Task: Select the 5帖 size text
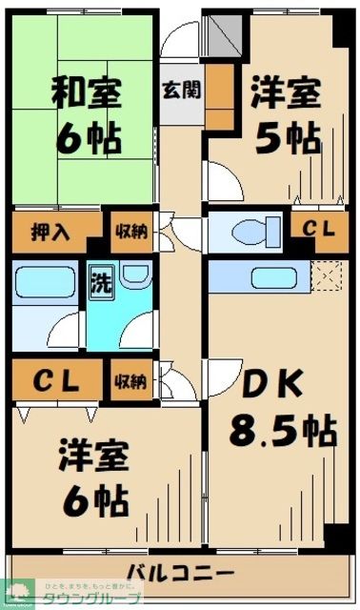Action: coord(287,139)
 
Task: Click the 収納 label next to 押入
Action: coord(131,232)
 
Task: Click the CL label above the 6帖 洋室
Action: coord(57,380)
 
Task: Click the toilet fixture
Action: coord(252,230)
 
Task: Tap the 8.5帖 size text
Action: coord(281,431)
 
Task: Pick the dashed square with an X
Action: coord(327,276)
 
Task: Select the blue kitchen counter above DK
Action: coord(262,277)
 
